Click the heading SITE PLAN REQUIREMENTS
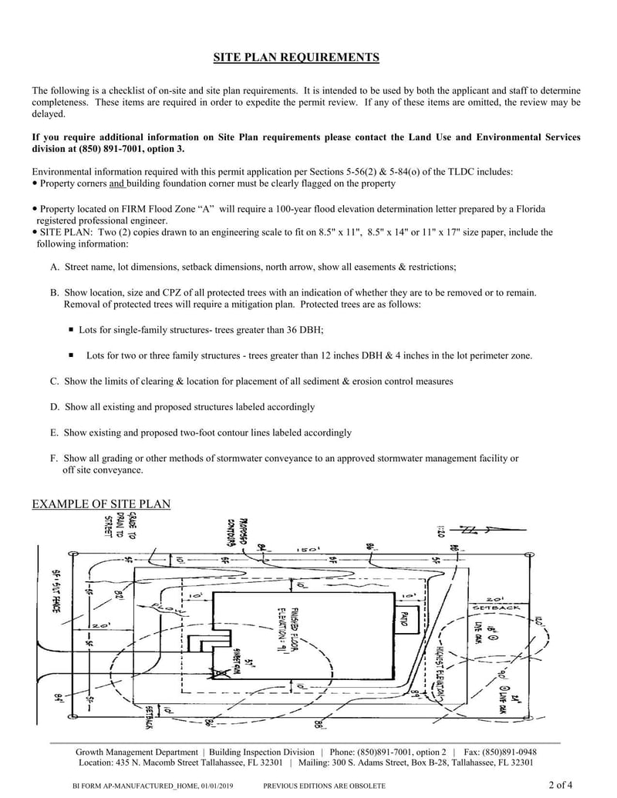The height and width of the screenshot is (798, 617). pyautogui.click(x=295, y=58)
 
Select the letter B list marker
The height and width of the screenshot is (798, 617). pyautogui.click(x=55, y=293)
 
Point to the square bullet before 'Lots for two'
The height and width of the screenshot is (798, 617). pyautogui.click(x=71, y=355)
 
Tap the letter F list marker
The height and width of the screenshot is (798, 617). pyautogui.click(x=54, y=458)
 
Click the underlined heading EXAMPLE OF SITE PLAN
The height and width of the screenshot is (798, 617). pyautogui.click(x=101, y=504)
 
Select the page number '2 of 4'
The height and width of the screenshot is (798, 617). pyautogui.click(x=561, y=786)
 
